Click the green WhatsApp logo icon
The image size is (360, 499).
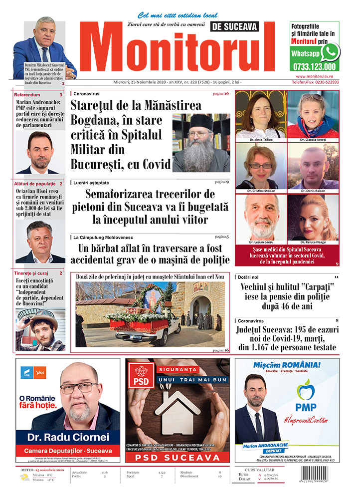[x=330, y=52]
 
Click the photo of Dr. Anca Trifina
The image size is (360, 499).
[x=260, y=115]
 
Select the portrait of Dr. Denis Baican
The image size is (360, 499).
[x=313, y=167]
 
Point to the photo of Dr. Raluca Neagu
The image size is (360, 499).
[x=313, y=218]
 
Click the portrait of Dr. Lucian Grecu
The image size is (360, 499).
[x=260, y=218]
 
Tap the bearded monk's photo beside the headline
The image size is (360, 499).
[x=201, y=143]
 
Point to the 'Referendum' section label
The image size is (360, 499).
[x=27, y=94]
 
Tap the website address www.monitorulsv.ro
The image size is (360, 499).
[x=314, y=76]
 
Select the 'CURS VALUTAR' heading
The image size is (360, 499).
[x=262, y=468]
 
